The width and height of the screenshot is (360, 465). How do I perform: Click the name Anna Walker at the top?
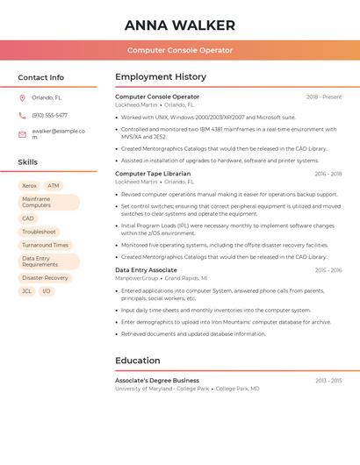pyautogui.click(x=179, y=25)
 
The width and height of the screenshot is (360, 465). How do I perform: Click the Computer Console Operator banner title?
pyautogui.click(x=179, y=50)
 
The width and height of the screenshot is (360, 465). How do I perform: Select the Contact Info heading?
pyautogui.click(x=40, y=77)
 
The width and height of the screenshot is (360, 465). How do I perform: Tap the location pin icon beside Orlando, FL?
pyautogui.click(x=23, y=98)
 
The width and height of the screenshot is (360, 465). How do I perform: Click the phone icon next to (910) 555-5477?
pyautogui.click(x=23, y=115)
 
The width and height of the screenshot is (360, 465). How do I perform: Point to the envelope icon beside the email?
pyautogui.click(x=23, y=134)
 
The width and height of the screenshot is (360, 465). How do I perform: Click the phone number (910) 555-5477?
pyautogui.click(x=49, y=115)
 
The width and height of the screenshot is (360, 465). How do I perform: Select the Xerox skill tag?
pyautogui.click(x=29, y=186)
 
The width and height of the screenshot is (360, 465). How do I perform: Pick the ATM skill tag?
pyautogui.click(x=54, y=186)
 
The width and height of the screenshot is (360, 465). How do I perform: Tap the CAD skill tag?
pyautogui.click(x=28, y=218)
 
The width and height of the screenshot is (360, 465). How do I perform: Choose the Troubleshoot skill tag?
pyautogui.click(x=39, y=232)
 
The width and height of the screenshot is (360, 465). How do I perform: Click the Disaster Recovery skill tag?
pyautogui.click(x=45, y=277)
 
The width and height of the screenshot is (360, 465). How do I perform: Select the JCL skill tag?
pyautogui.click(x=26, y=290)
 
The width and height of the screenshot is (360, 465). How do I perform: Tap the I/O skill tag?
pyautogui.click(x=47, y=290)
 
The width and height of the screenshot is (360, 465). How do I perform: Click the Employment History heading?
pyautogui.click(x=161, y=77)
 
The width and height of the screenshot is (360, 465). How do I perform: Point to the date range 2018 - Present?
pyautogui.click(x=324, y=97)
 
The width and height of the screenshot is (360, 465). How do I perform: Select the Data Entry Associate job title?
pyautogui.click(x=146, y=270)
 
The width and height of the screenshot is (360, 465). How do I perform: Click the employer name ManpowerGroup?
pyautogui.click(x=137, y=278)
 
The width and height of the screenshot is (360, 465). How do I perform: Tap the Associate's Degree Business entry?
pyautogui.click(x=157, y=380)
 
